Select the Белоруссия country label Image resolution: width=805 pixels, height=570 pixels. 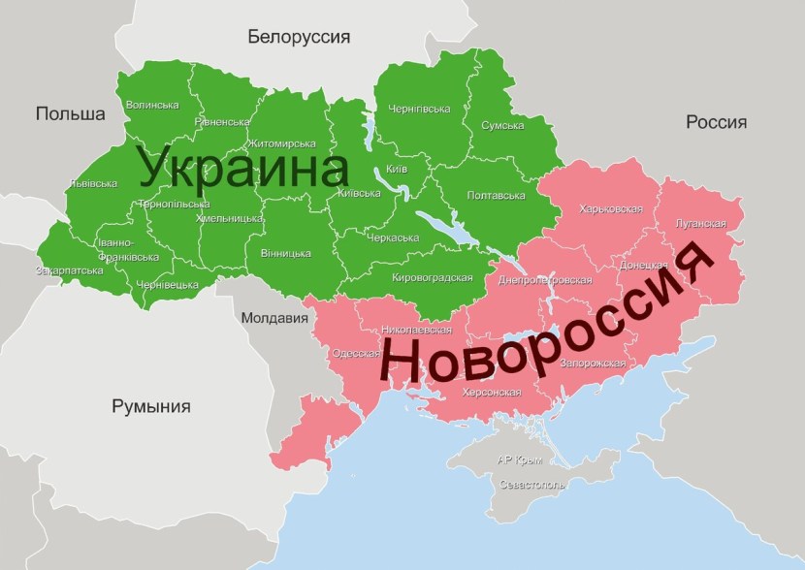(x=299, y=37)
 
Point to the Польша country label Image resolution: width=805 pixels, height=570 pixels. (x=70, y=113)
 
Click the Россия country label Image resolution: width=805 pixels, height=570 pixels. (x=716, y=122)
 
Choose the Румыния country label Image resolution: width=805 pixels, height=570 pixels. (x=150, y=406)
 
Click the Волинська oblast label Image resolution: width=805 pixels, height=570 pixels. (x=152, y=105)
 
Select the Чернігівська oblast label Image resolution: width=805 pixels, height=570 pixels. (x=418, y=109)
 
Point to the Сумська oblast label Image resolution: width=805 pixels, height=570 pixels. (x=502, y=125)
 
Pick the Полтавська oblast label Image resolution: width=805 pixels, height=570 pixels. (x=496, y=195)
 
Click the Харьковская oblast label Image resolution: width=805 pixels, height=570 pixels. (x=610, y=208)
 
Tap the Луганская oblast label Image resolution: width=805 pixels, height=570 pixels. (x=699, y=223)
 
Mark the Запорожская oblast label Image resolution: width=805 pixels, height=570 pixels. (x=592, y=363)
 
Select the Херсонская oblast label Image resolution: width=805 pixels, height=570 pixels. (x=490, y=392)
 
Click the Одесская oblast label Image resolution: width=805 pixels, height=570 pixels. (x=356, y=353)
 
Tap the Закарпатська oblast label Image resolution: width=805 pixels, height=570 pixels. (x=69, y=269)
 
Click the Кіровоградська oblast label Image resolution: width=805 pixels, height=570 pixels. (x=432, y=277)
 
